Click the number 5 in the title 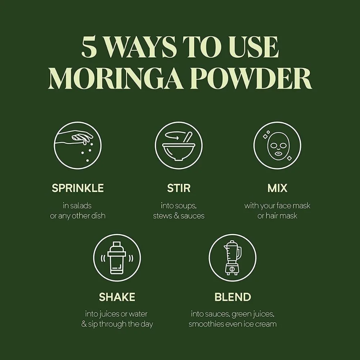[x=89, y=48]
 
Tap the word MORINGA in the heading [x=115, y=79]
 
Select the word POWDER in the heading [x=251, y=79]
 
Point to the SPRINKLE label [x=78, y=188]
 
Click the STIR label [x=179, y=188]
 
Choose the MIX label [x=277, y=188]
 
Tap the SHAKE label [x=117, y=297]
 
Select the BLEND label [x=233, y=297]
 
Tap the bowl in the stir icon [x=179, y=151]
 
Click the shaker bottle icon [x=117, y=258]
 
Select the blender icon [x=232, y=258]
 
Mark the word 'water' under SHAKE [x=138, y=314]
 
